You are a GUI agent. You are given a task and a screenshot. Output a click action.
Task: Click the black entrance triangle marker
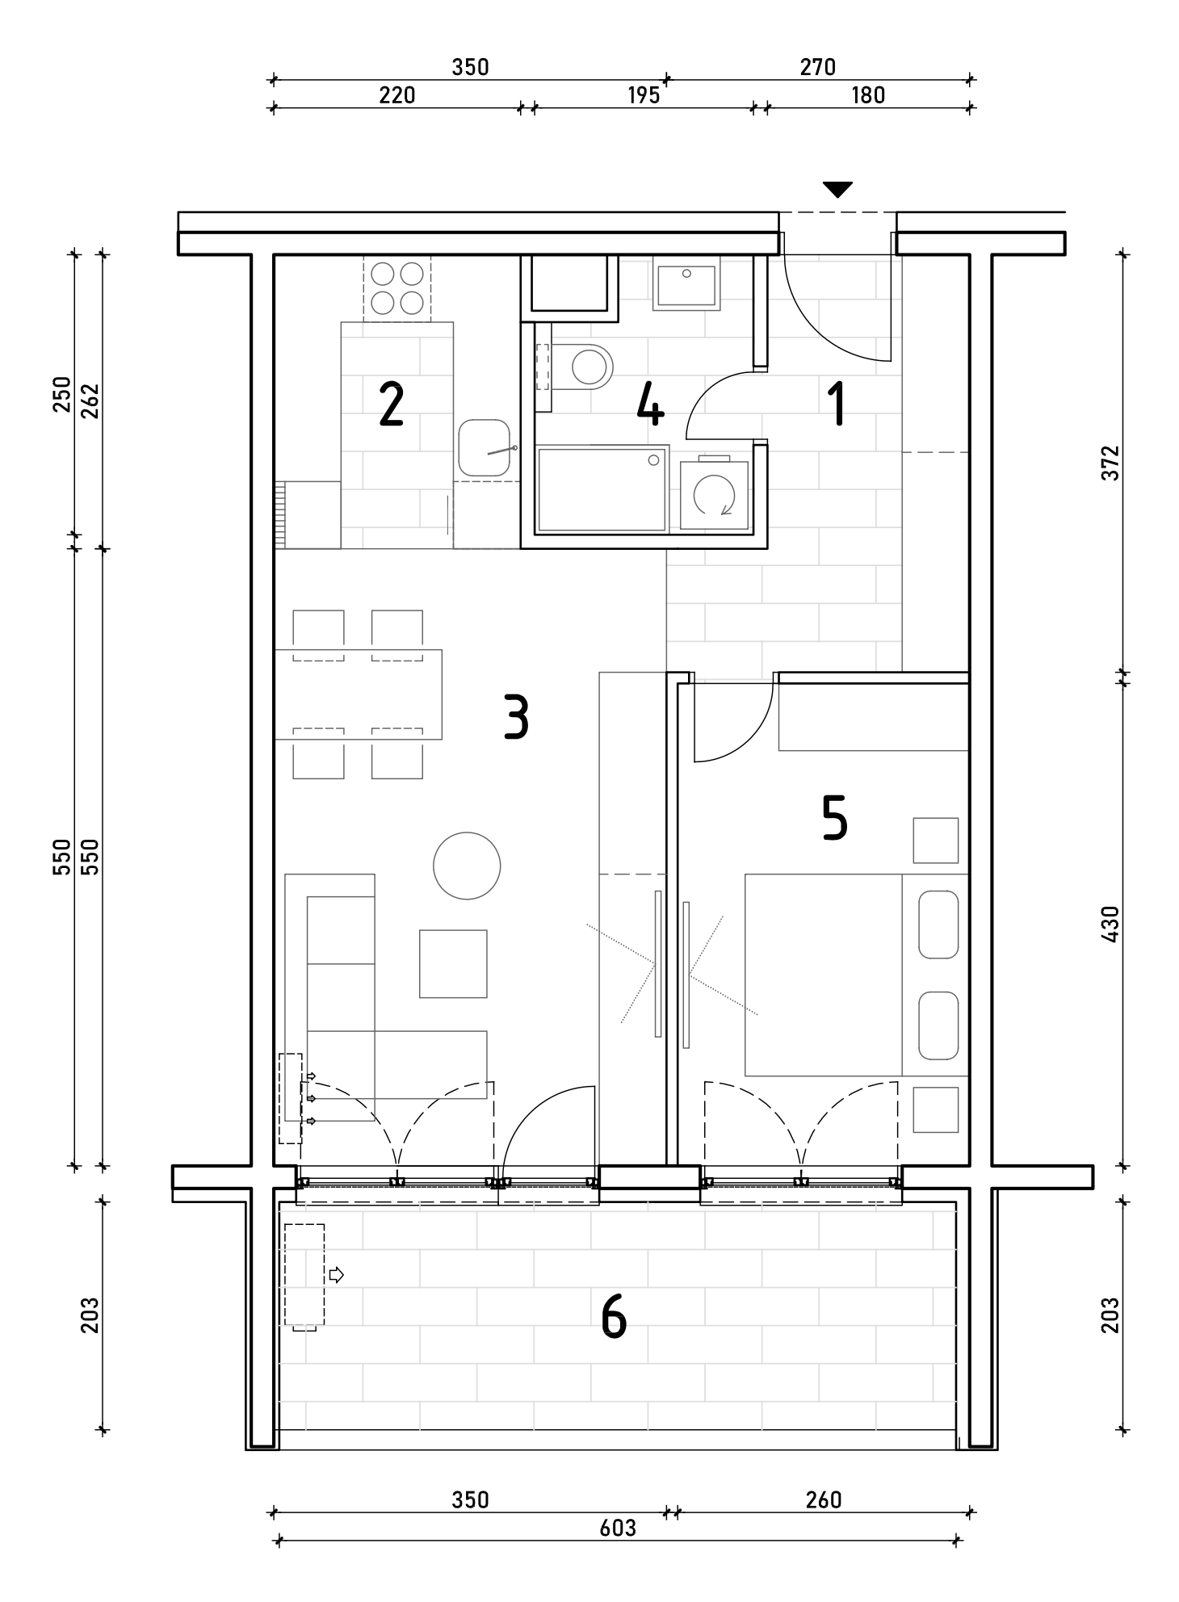pos(837,190)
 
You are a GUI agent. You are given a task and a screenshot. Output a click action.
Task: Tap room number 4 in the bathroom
pos(650,405)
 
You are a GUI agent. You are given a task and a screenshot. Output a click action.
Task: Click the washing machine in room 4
pos(715,494)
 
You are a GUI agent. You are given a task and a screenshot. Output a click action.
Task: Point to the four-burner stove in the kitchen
pos(397,288)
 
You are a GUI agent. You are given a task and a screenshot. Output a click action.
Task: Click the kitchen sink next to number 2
pos(485,448)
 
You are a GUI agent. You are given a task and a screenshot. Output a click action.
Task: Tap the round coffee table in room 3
pos(467,866)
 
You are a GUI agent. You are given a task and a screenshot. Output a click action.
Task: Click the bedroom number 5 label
pos(834,817)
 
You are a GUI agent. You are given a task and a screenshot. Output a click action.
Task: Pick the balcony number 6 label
pos(614,1319)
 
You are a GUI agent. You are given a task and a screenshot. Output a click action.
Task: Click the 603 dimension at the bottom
pos(618,1528)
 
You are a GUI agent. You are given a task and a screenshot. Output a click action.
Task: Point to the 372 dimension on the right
pos(1111,463)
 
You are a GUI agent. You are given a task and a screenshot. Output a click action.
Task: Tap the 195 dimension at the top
pos(644,95)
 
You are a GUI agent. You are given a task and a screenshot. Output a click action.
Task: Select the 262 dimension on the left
pos(90,400)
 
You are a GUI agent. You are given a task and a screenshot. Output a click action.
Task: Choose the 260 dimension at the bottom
pos(824,1499)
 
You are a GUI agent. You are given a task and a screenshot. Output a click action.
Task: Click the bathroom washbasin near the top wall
pos(686,287)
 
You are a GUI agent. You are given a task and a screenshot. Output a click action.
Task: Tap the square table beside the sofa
pos(453,963)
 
